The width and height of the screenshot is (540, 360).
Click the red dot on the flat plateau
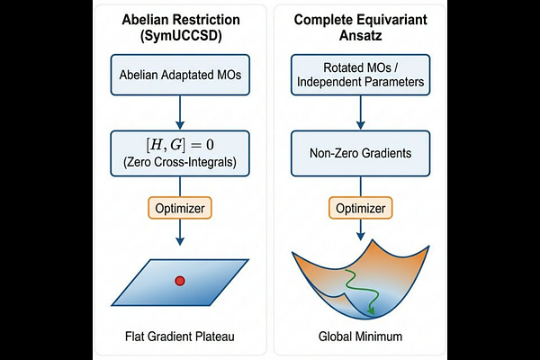(179, 282)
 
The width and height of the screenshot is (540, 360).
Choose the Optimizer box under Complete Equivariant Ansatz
(360, 208)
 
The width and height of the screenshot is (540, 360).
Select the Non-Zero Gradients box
(360, 154)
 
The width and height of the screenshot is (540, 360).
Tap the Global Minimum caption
(360, 338)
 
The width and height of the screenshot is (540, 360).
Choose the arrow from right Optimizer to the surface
(360, 234)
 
